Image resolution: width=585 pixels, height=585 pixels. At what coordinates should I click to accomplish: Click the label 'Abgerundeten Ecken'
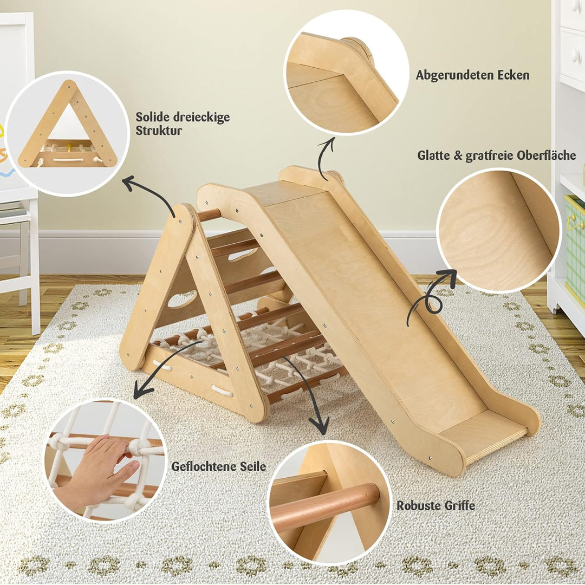(472, 75)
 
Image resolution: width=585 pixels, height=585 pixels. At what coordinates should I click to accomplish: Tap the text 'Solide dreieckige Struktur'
(182, 123)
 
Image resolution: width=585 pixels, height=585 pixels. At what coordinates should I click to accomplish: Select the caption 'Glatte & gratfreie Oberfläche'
(496, 156)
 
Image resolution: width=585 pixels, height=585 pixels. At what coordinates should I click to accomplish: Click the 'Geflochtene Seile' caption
(218, 466)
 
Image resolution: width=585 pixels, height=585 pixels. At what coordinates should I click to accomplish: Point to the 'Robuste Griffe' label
(435, 506)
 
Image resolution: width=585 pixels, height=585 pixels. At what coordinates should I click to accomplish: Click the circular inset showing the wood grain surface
(498, 230)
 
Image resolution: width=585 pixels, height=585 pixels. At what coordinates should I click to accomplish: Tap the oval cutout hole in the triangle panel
(182, 299)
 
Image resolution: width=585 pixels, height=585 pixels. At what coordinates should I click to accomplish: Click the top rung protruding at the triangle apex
(209, 215)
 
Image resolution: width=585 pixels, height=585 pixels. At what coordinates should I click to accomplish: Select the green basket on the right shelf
(575, 244)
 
